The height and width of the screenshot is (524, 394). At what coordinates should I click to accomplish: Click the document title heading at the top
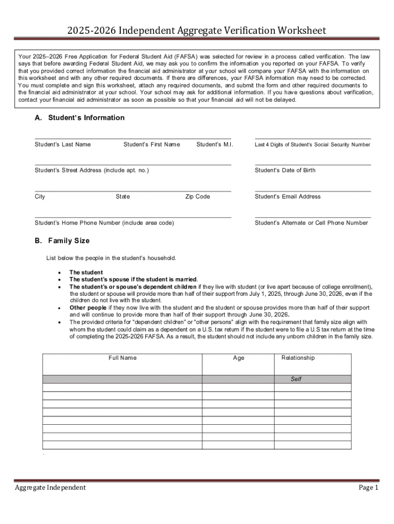coord(196,31)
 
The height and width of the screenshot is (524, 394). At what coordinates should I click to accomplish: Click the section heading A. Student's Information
coord(79,118)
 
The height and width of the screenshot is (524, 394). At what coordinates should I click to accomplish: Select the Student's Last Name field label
coord(62,144)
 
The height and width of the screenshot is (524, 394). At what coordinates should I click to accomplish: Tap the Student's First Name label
coord(151,144)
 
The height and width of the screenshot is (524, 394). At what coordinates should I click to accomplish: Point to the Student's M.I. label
coord(214,144)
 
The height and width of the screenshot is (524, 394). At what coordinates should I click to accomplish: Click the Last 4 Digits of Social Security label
coord(312,145)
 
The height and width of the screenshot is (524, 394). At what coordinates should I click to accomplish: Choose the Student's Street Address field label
coord(92,170)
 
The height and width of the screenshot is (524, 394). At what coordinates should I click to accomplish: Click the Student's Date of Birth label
coord(285,170)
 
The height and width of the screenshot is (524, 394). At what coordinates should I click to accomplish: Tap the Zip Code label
coord(198,196)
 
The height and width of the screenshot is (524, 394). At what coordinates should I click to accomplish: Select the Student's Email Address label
coord(288,196)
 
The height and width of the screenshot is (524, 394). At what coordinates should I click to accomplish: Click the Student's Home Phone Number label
coord(104,223)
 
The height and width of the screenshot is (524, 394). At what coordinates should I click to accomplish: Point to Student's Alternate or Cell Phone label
coord(311,223)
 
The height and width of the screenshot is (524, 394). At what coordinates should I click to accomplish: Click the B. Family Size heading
coord(62,241)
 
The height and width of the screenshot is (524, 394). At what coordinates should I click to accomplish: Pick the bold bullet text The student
coord(86,272)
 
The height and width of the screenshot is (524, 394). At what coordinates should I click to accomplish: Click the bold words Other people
coord(88,308)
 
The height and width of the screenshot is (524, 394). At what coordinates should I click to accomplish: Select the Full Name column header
coord(122,358)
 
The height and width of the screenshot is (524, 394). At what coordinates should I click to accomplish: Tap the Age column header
coord(238,358)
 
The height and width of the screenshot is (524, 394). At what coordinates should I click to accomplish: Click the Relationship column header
coord(298,358)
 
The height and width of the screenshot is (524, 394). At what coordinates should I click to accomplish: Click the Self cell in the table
coord(296,379)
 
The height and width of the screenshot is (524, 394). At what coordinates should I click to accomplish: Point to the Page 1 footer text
coord(368,488)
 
